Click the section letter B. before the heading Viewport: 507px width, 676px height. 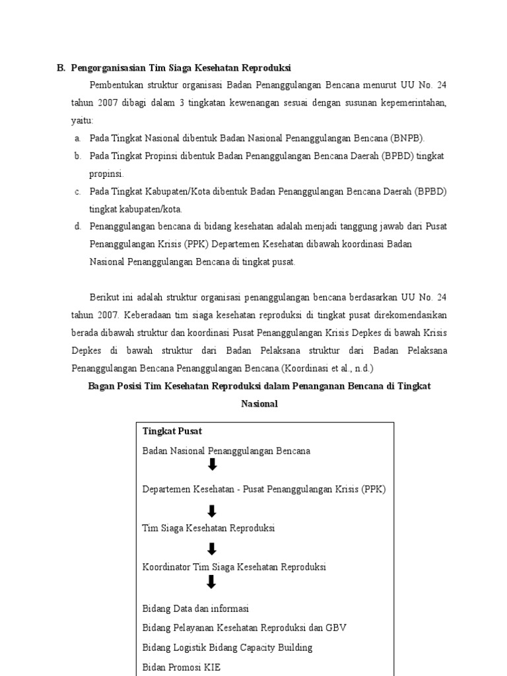(x=61, y=68)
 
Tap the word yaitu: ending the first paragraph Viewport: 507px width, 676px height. (x=83, y=121)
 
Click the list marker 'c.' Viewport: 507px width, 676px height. (x=77, y=192)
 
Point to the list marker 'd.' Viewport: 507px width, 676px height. (x=77, y=226)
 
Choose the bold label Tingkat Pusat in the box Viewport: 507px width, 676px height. (x=172, y=431)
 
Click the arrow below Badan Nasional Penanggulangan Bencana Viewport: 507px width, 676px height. (x=212, y=465)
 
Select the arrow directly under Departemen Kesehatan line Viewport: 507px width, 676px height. (x=212, y=511)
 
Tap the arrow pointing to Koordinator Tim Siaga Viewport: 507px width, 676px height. (x=212, y=549)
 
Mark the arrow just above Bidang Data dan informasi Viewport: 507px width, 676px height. (x=212, y=582)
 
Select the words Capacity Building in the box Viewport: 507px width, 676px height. (x=278, y=648)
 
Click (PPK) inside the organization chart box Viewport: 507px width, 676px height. (x=373, y=489)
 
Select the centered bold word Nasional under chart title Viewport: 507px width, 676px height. (x=259, y=403)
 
